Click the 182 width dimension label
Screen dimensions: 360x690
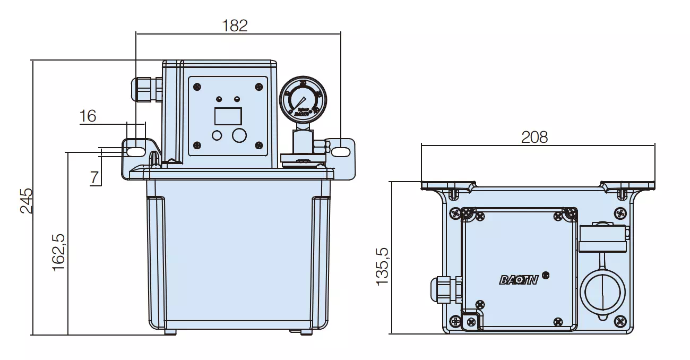(x=235, y=25)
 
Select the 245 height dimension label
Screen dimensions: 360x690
(x=27, y=200)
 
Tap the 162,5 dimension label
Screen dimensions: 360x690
(x=59, y=253)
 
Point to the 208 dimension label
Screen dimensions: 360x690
(x=534, y=137)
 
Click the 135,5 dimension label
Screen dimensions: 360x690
(x=383, y=266)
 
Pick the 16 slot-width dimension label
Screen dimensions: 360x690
(x=88, y=116)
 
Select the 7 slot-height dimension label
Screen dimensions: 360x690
(x=95, y=177)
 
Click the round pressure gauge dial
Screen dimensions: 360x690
(x=303, y=98)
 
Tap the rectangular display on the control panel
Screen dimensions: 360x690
(x=228, y=116)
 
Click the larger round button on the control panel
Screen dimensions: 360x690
(x=240, y=135)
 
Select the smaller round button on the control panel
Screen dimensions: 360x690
(x=217, y=135)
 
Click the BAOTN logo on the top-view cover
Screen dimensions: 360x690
(x=519, y=280)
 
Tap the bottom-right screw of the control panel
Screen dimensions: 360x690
(x=259, y=145)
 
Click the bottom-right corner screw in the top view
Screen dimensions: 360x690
(x=620, y=321)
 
